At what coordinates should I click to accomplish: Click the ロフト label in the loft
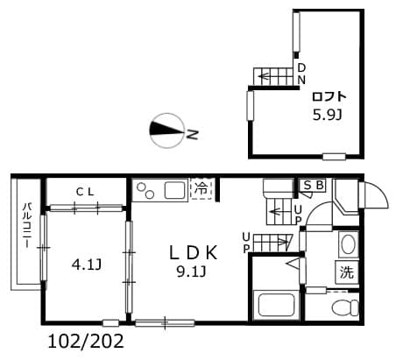click(x=329, y=97)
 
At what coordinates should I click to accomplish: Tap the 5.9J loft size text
click(x=329, y=114)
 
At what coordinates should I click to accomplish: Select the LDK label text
click(x=192, y=252)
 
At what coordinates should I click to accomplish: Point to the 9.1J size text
click(x=191, y=271)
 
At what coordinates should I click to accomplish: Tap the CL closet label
click(x=86, y=191)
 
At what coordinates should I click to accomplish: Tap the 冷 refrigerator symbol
click(x=202, y=187)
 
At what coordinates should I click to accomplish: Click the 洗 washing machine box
click(x=347, y=272)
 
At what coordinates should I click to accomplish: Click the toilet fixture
click(x=346, y=307)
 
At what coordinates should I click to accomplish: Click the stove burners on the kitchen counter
click(x=145, y=189)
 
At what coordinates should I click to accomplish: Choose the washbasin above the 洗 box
click(x=347, y=243)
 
